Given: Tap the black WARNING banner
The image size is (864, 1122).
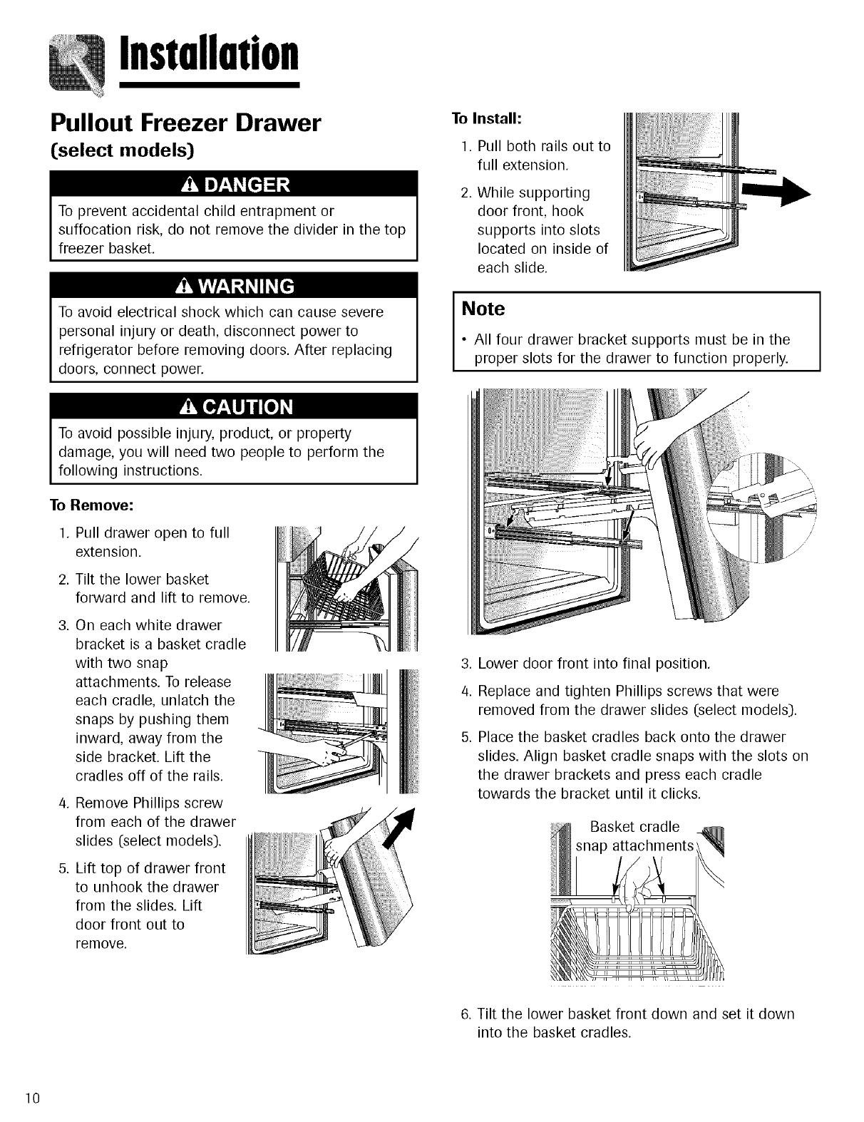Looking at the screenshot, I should tap(233, 286).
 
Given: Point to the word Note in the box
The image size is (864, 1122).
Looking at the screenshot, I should tap(483, 309).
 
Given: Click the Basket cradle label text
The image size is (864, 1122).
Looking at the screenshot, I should tap(634, 827).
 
